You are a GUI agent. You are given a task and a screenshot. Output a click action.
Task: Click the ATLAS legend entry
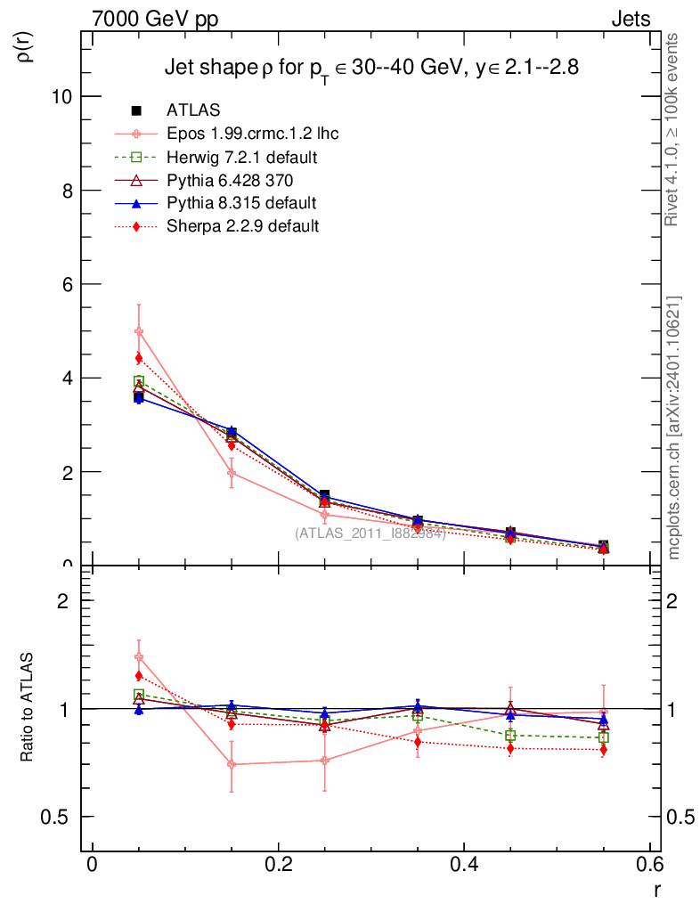click(193, 110)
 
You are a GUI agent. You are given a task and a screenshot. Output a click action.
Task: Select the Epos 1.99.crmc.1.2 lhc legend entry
click(252, 134)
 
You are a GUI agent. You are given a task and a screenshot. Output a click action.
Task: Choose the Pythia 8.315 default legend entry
click(241, 203)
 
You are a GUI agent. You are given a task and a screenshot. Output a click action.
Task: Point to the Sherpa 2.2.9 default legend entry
click(242, 226)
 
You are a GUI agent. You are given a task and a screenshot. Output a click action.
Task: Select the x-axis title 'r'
click(657, 888)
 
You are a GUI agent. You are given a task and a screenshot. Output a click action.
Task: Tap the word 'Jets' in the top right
click(630, 18)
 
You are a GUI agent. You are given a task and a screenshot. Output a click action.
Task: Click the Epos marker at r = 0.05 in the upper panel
click(139, 331)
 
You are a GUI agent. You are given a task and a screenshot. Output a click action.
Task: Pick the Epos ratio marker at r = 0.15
click(232, 764)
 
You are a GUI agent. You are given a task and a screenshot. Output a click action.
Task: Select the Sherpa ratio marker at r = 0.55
click(604, 750)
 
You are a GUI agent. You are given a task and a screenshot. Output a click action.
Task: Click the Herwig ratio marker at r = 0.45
click(510, 735)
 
